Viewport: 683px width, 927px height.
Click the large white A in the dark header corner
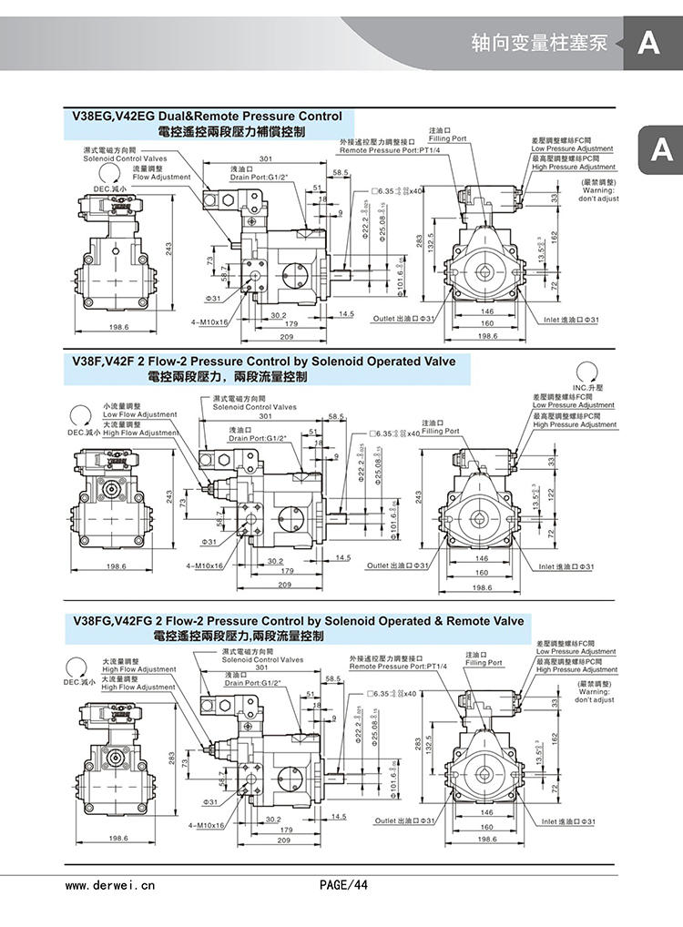point(648,42)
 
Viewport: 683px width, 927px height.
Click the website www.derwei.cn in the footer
point(110,883)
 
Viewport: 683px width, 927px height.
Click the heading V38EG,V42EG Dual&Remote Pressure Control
point(208,117)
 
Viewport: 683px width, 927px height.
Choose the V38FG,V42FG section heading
point(298,621)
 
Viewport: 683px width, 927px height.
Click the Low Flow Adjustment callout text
point(139,415)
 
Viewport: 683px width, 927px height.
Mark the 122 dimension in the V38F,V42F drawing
point(552,493)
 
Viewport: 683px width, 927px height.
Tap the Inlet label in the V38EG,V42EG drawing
point(567,319)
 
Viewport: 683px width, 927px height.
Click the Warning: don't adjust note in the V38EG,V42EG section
point(598,195)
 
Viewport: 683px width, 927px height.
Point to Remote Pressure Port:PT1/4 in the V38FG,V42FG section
point(388,667)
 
